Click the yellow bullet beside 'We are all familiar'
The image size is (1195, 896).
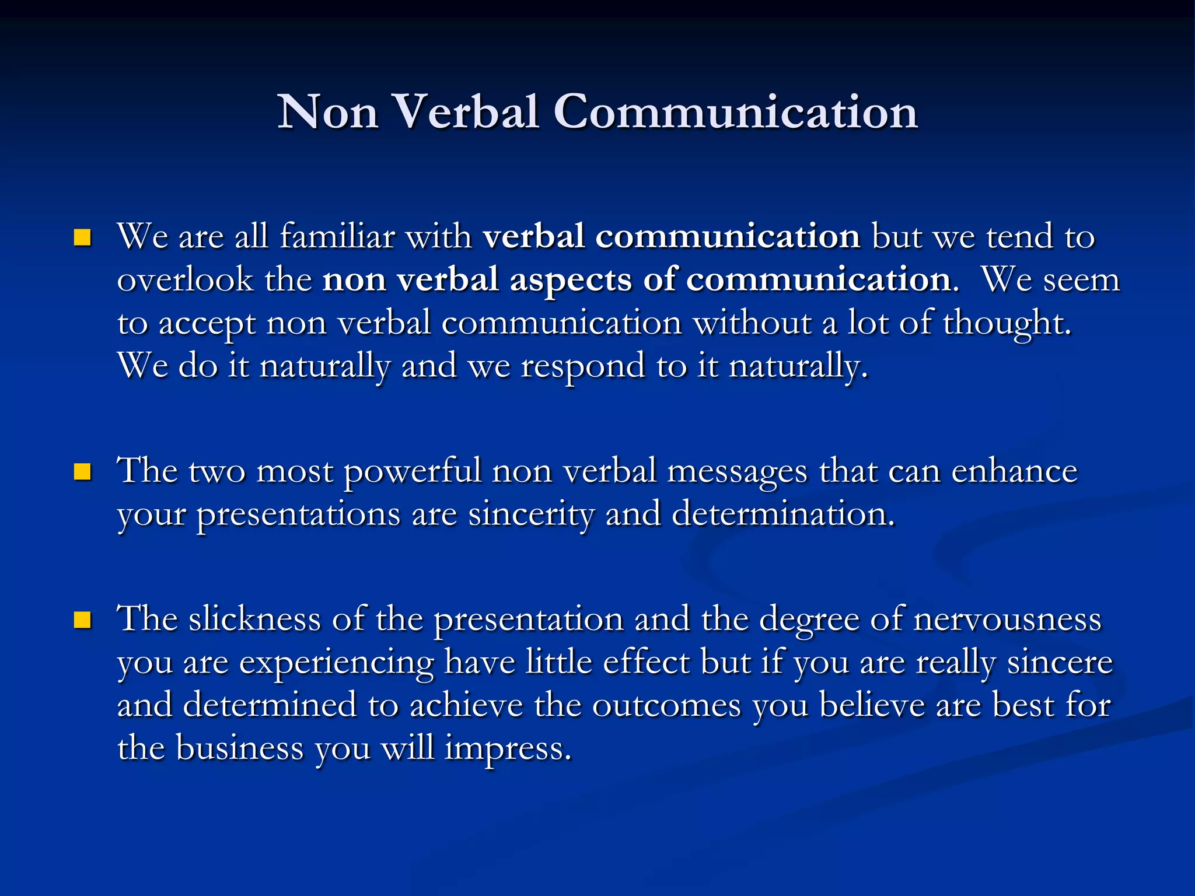pos(83,237)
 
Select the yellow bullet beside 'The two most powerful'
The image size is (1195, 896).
pos(83,471)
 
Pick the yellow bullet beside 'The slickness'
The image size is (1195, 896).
pos(83,619)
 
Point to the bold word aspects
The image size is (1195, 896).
pos(570,280)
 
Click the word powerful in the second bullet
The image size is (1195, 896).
pos(412,471)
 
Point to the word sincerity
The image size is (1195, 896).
pos(531,514)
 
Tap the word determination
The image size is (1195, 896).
pos(782,514)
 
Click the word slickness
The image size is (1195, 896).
pos(254,619)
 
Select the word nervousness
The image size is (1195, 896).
pos(1008,619)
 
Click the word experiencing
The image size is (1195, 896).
pos(337,663)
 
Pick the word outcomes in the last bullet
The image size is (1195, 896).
pos(666,705)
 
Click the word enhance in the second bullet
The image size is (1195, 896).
pos(1014,471)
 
